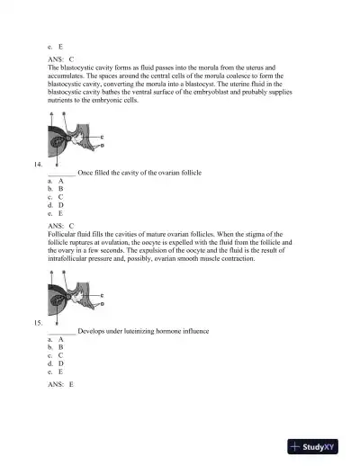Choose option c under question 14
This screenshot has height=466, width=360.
[55, 197]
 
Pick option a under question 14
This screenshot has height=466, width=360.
[55, 181]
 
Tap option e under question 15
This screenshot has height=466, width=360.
[55, 372]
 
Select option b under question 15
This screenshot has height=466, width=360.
[55, 347]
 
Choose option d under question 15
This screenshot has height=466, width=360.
[55, 363]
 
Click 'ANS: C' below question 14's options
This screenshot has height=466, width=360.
[61, 226]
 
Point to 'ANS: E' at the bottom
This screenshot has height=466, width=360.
[61, 384]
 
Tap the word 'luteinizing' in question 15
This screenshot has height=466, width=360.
[137, 331]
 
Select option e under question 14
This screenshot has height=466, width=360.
[55, 213]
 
